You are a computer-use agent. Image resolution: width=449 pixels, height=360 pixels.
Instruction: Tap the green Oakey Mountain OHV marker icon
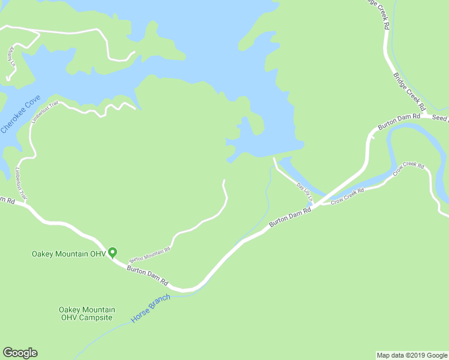(112, 253)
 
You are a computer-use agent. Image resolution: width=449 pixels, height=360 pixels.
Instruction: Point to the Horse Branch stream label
(151, 308)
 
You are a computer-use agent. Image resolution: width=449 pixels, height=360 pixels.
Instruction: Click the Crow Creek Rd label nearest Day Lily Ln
(348, 196)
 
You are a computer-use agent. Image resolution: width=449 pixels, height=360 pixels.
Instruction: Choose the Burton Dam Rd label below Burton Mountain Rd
(148, 275)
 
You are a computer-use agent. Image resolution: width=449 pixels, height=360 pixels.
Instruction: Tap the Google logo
(20, 353)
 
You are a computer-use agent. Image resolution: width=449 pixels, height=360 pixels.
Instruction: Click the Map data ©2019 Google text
(412, 355)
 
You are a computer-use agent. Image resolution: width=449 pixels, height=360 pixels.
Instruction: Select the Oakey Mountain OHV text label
(68, 254)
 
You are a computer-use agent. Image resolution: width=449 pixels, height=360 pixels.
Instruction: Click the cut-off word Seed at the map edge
(441, 119)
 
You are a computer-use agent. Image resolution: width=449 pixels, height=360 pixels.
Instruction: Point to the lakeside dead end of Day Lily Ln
(274, 159)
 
